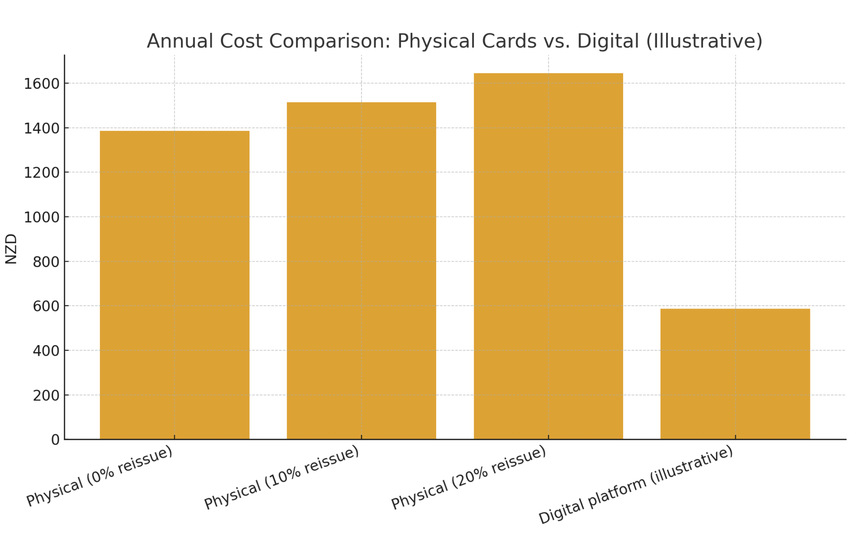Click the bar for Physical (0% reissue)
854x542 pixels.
[174, 285]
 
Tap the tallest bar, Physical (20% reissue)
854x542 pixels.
[548, 256]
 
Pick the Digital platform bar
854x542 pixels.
[735, 374]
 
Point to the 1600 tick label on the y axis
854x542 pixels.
[42, 84]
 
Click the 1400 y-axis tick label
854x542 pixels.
[42, 128]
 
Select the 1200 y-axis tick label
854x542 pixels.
[42, 173]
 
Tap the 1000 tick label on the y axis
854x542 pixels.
[42, 217]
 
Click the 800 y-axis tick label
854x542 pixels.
[46, 262]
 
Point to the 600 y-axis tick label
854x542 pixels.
[46, 306]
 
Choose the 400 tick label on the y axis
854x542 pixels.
[46, 351]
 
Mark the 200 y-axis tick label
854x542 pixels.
[46, 395]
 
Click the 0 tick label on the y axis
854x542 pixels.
[55, 440]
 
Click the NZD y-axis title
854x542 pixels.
[11, 249]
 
